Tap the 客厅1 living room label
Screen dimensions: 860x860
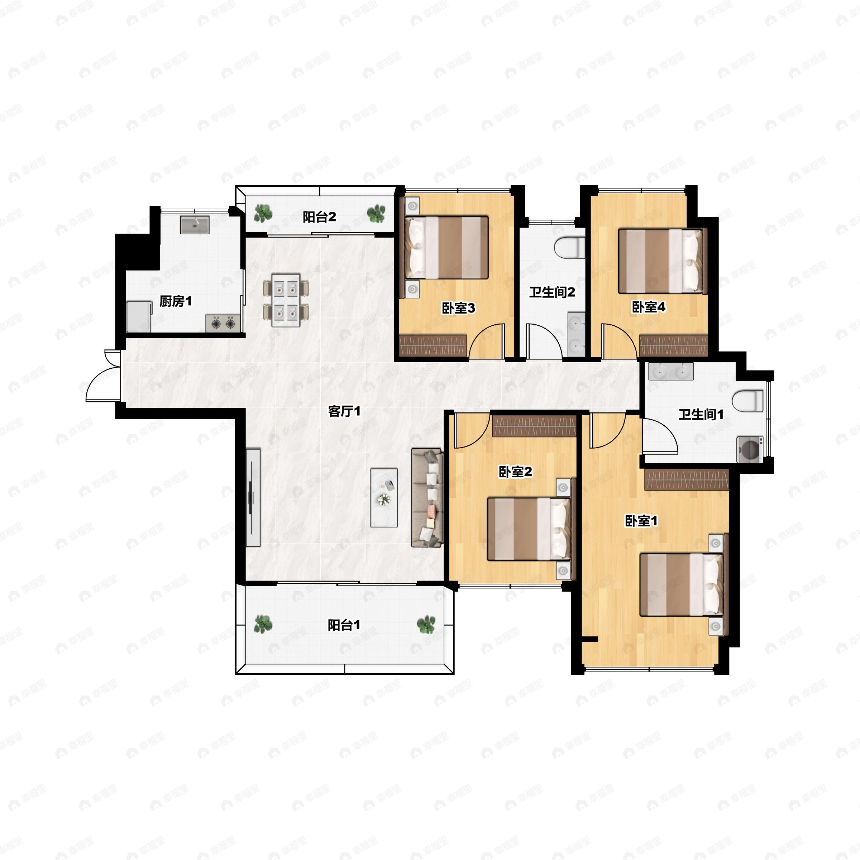(344, 411)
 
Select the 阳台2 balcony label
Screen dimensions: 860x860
(320, 217)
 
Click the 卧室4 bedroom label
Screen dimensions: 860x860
(649, 307)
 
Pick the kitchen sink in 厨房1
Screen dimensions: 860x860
(195, 224)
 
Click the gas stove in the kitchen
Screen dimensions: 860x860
(223, 323)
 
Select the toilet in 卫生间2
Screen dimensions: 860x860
(569, 248)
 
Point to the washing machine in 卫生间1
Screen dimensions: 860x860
(750, 450)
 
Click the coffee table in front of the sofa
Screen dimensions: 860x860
(384, 497)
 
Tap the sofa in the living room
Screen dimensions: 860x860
(427, 498)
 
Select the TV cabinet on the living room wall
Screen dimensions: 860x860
(253, 497)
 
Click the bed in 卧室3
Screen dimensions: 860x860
(446, 248)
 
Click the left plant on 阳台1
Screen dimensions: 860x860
(263, 624)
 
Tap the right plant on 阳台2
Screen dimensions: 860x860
(376, 214)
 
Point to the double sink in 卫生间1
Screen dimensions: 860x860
(671, 371)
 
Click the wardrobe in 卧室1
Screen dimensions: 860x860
(687, 479)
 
